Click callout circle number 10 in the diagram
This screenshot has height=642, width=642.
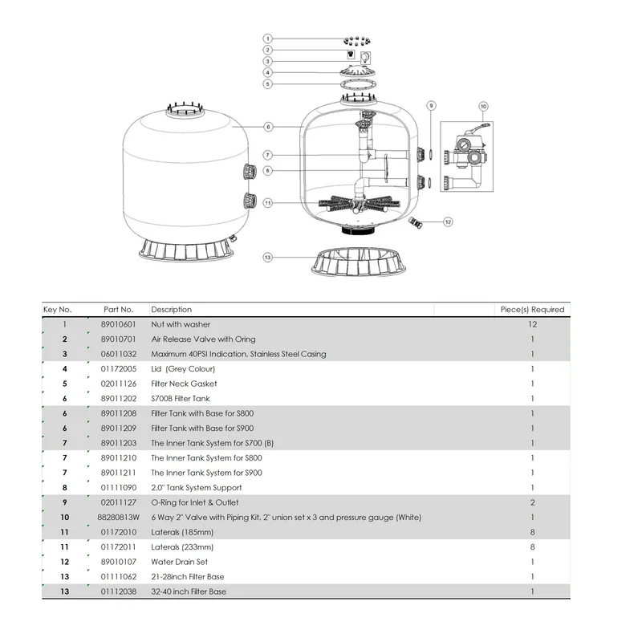pos(483,106)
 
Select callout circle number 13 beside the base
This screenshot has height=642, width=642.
pos(268,258)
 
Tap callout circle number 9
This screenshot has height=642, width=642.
pos(431,106)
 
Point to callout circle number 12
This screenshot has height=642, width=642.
pos(448,221)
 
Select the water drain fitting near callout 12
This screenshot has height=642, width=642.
pos(416,219)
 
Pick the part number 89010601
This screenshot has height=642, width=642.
pos(120,324)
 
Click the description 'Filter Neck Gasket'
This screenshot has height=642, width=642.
pos(184,384)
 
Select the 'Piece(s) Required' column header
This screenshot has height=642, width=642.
pos(533,309)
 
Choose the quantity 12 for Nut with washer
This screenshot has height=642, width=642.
pos(533,324)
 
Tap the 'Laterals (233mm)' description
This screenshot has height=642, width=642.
pos(183,547)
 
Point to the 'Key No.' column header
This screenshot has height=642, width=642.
pos(58,309)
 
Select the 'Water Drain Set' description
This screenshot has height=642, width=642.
pos(180,562)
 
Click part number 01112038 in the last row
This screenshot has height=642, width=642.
pos(120,591)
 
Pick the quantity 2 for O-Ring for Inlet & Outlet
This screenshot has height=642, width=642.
pos(533,502)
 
